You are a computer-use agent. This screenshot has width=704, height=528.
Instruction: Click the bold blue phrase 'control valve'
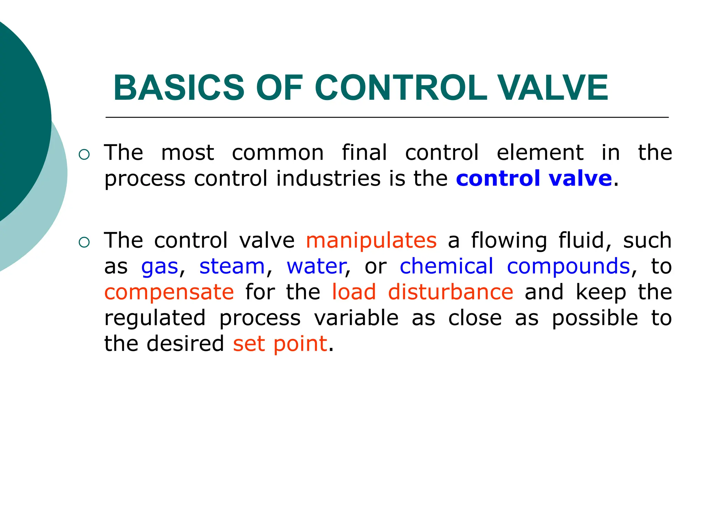534,178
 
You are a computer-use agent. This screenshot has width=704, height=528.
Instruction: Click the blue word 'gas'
160,266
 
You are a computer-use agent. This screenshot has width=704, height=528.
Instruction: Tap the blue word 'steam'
232,266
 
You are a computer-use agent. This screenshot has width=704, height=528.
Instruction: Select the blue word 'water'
317,266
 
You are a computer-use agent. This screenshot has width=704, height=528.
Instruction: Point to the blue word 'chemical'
447,266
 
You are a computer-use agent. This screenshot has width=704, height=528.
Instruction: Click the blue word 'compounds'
569,266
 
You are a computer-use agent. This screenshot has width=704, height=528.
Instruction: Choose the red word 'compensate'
169,292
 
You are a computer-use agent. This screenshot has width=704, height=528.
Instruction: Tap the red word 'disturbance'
451,292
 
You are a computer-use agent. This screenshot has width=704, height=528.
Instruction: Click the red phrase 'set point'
280,344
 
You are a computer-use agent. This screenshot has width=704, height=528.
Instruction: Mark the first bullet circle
84,155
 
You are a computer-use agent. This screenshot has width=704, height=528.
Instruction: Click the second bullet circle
84,242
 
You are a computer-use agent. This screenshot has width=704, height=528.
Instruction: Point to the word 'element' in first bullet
540,153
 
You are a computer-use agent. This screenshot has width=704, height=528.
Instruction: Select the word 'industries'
328,178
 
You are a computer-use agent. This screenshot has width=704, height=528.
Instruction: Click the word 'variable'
356,318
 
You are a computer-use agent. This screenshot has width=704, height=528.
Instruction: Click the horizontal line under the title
387,118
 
